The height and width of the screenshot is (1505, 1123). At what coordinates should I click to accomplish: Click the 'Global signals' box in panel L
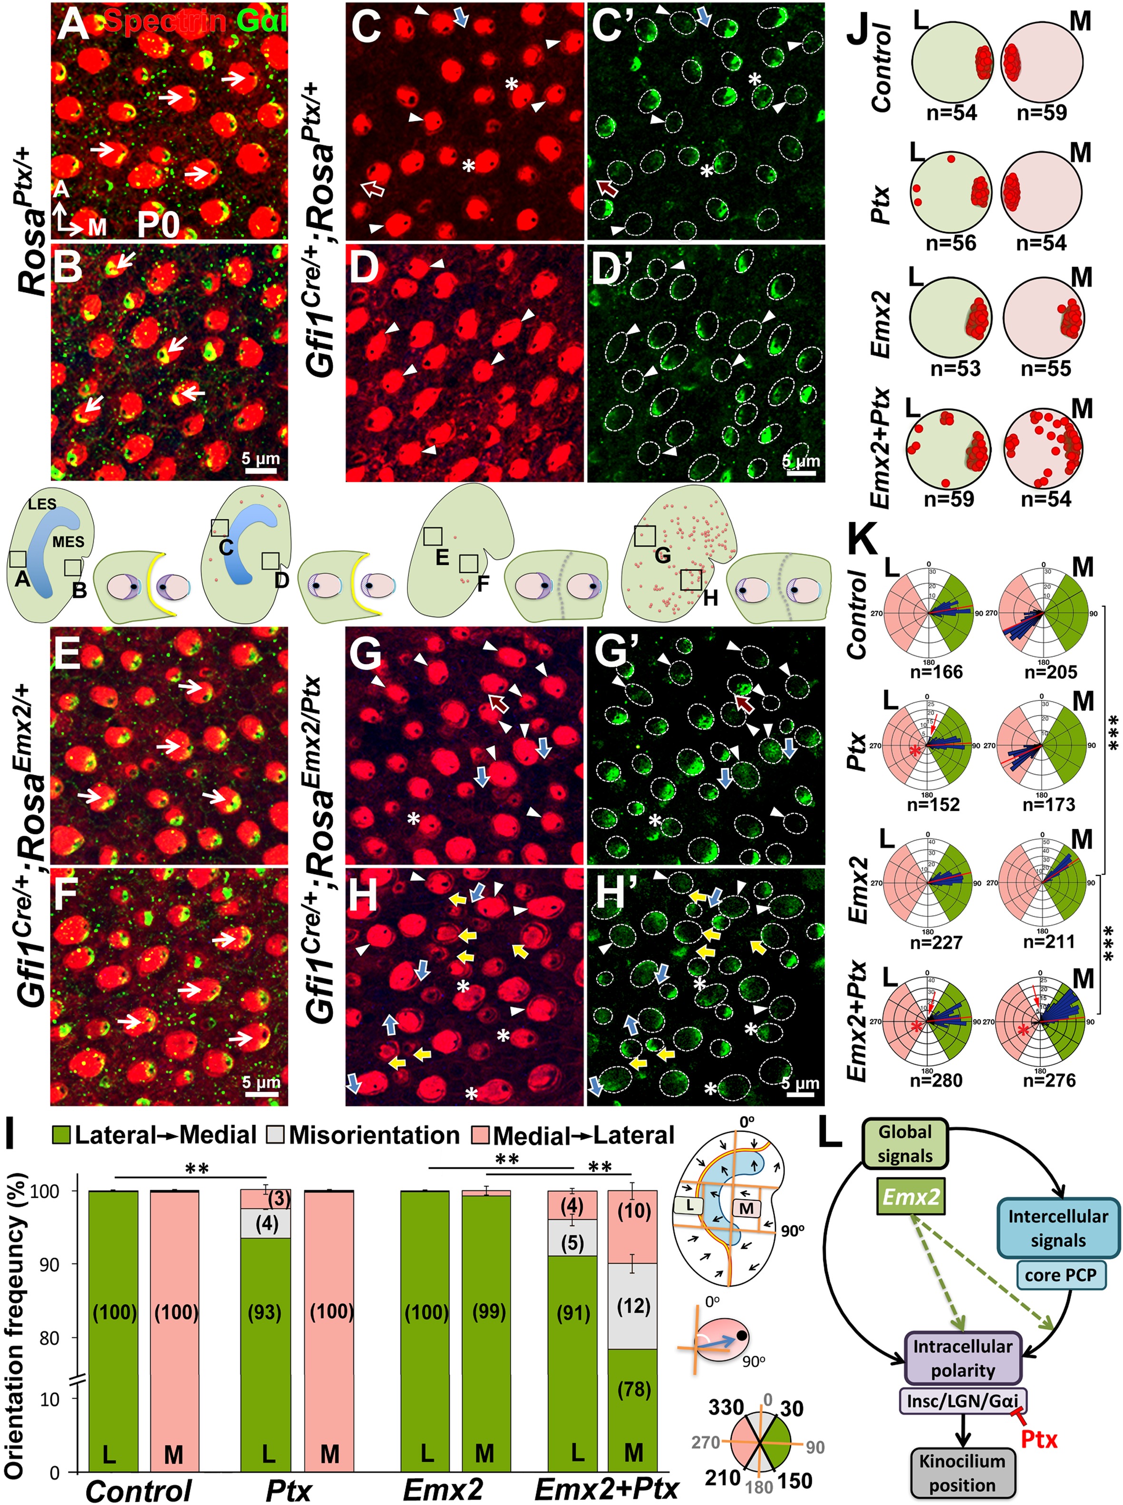(x=905, y=1144)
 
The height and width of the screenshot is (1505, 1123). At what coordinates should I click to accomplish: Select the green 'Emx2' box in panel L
(x=911, y=1197)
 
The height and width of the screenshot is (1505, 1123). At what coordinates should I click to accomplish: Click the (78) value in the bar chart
(x=634, y=1385)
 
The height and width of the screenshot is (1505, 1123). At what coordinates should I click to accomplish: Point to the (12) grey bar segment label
(x=634, y=1306)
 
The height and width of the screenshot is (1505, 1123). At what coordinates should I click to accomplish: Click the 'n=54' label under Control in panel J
(x=952, y=112)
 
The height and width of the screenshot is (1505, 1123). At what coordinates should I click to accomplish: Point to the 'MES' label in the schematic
(x=68, y=542)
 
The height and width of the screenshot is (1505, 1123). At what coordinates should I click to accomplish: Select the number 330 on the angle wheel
(x=726, y=1407)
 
